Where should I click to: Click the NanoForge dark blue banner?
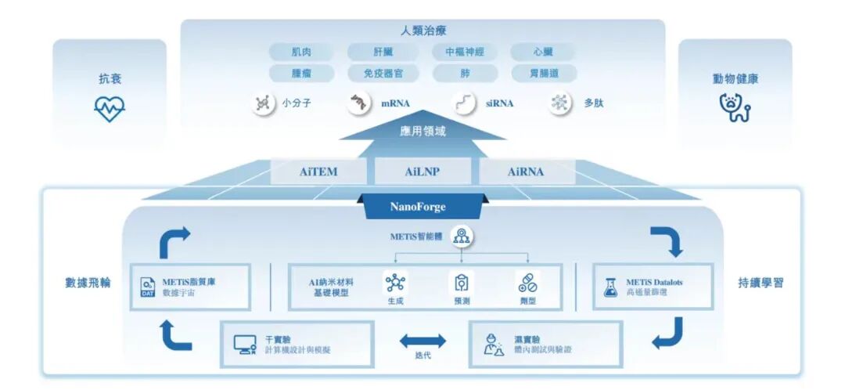coord(418,208)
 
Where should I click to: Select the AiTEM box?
coord(318,172)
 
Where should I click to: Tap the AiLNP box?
coord(422,172)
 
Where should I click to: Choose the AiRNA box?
coord(525,172)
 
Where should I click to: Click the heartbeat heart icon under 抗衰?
coord(110,109)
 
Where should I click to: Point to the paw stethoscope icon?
coord(735,108)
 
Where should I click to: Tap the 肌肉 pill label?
coord(301,52)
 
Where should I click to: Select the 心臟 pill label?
coord(543,52)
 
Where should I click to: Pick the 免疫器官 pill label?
coord(383,74)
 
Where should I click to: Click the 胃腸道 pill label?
coord(543,74)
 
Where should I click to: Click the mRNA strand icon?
coord(359,103)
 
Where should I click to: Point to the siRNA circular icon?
coord(466,103)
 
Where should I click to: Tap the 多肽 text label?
coord(593,103)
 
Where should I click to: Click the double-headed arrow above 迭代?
coord(422,341)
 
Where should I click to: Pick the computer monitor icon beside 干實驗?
coord(245,344)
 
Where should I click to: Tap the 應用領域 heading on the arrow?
coord(422,132)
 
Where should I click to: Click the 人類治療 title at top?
coord(422,31)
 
